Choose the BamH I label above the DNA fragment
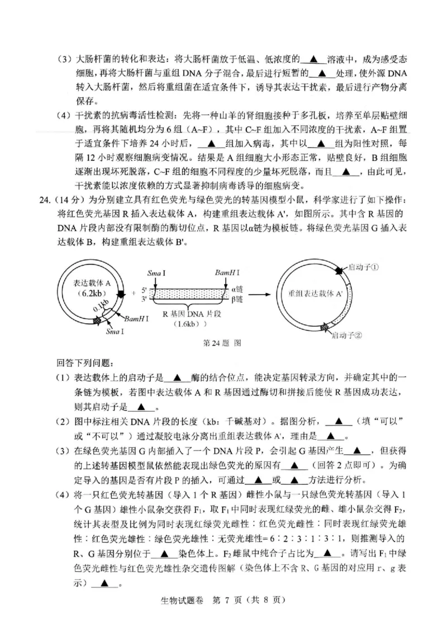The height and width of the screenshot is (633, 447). pyautogui.click(x=227, y=272)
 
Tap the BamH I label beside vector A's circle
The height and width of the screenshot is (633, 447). pyautogui.click(x=136, y=318)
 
